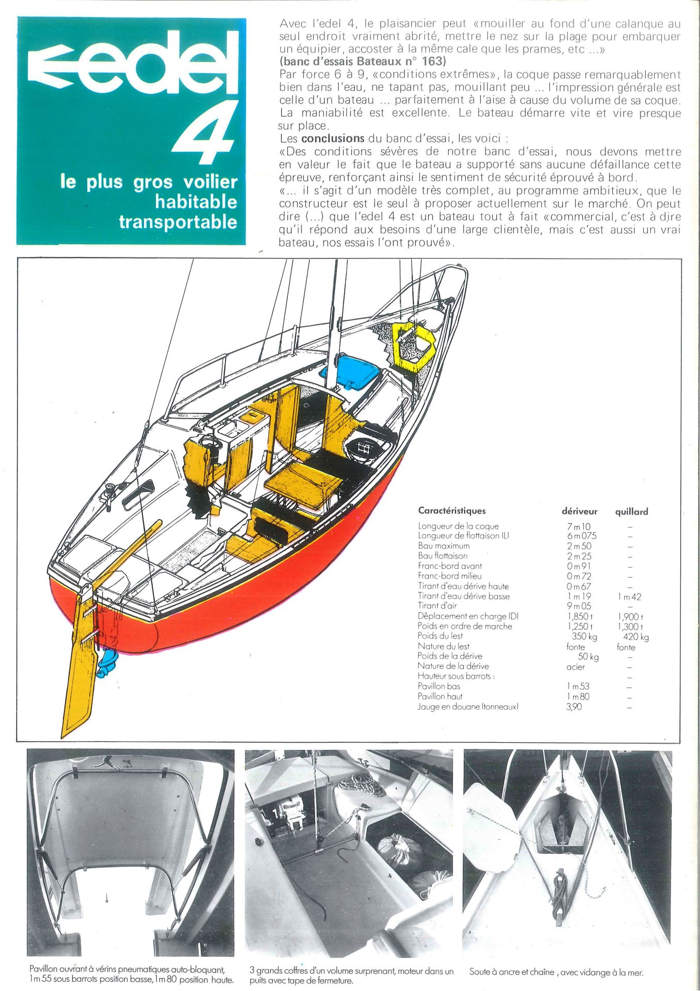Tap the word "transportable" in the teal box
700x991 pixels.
(178, 222)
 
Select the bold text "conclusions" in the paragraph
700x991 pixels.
(333, 138)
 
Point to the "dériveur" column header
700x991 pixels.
(579, 512)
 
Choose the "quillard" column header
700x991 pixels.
(631, 512)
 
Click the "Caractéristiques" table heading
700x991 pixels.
(452, 511)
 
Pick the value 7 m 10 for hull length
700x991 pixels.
(579, 526)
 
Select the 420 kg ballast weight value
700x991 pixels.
(636, 637)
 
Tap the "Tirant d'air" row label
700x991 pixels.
(437, 605)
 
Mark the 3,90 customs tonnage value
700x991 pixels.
(574, 707)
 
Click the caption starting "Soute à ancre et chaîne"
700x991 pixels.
(556, 972)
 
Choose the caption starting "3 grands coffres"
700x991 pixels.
(351, 976)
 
